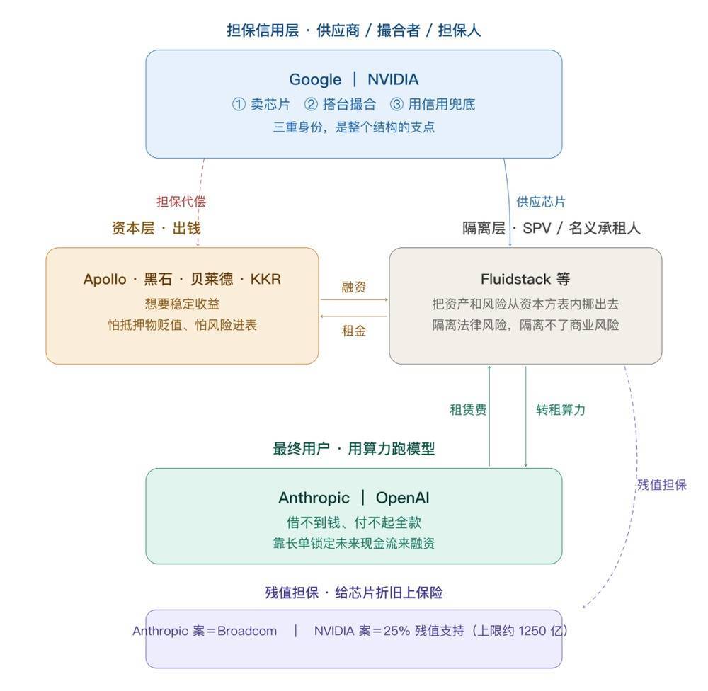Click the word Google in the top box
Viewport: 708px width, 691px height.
point(315,80)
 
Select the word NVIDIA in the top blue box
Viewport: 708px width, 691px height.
point(393,79)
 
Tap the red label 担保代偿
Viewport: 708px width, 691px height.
point(181,202)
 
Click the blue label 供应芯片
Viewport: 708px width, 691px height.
point(541,202)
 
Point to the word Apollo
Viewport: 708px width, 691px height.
point(105,279)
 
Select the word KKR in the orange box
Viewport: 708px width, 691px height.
point(265,279)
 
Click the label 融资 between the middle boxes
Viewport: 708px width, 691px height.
point(353,287)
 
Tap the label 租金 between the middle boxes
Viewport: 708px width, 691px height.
point(353,331)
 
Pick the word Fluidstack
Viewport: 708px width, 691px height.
point(515,279)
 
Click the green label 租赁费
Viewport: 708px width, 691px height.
point(468,410)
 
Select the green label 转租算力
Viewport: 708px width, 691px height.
point(560,410)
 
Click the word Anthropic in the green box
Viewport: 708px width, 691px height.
point(314,498)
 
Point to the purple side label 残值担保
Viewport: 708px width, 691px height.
point(661,485)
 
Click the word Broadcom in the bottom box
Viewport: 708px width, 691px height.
point(247,631)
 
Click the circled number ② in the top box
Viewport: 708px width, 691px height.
point(311,104)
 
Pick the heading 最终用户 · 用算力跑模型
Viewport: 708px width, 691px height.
point(353,449)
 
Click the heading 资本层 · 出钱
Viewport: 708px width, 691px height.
point(156,228)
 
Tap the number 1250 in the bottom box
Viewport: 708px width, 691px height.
point(532,631)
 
